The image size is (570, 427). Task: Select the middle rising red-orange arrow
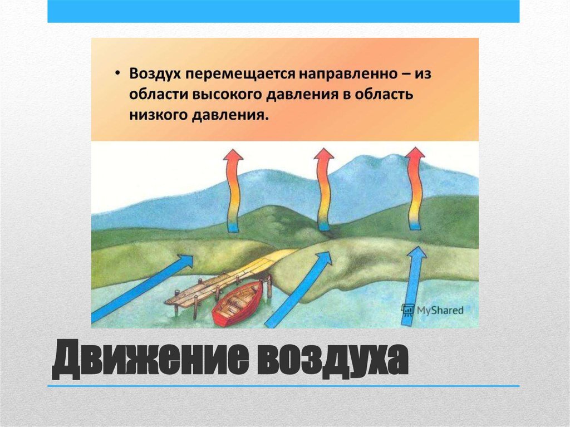click(x=323, y=189)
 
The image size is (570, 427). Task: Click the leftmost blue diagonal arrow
click(x=142, y=288)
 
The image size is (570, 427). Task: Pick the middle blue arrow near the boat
click(x=298, y=289)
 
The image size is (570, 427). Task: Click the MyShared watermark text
click(x=440, y=310)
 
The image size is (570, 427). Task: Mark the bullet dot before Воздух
click(x=117, y=73)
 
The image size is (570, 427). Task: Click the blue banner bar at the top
click(x=283, y=11)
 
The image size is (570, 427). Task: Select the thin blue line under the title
click(x=283, y=386)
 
